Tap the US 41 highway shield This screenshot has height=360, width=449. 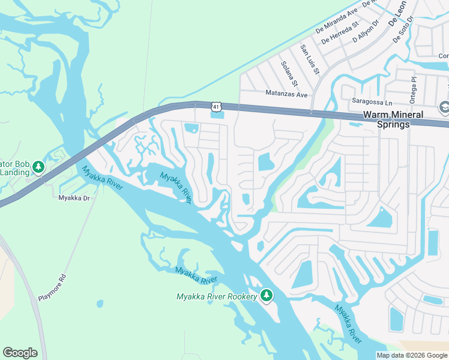point(215,106)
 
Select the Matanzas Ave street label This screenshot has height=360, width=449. point(286,94)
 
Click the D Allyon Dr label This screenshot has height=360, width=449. point(366,31)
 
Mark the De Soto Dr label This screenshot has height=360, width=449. point(405,30)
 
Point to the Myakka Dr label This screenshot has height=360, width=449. point(74,197)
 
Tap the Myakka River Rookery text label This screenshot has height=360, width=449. point(217,296)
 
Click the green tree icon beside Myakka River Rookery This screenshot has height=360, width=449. point(267,295)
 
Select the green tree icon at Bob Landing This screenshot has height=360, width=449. point(38,166)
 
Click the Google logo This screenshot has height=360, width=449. point(20,353)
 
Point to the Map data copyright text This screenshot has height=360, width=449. point(412,355)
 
